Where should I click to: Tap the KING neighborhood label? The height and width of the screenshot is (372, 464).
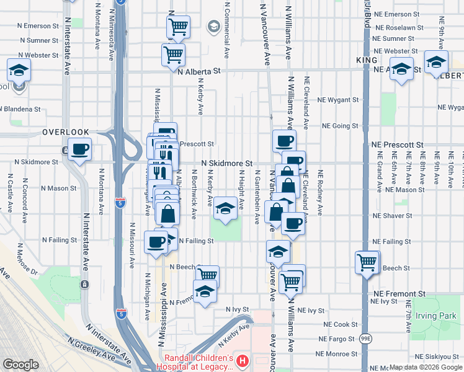(x=367, y=60)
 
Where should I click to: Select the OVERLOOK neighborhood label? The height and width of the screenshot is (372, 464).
(x=66, y=132)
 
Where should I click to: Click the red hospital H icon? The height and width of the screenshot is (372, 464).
(x=243, y=360)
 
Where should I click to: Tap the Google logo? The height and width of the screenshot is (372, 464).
(x=20, y=364)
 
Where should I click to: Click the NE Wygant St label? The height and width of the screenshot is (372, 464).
(x=337, y=99)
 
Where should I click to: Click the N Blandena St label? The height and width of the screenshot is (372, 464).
(x=20, y=108)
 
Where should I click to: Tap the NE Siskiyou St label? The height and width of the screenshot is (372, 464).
(x=437, y=356)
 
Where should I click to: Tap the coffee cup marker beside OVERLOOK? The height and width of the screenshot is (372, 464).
(x=80, y=149)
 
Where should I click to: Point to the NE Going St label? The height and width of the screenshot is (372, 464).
(x=337, y=126)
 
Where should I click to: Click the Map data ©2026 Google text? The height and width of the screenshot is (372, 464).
(x=424, y=367)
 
